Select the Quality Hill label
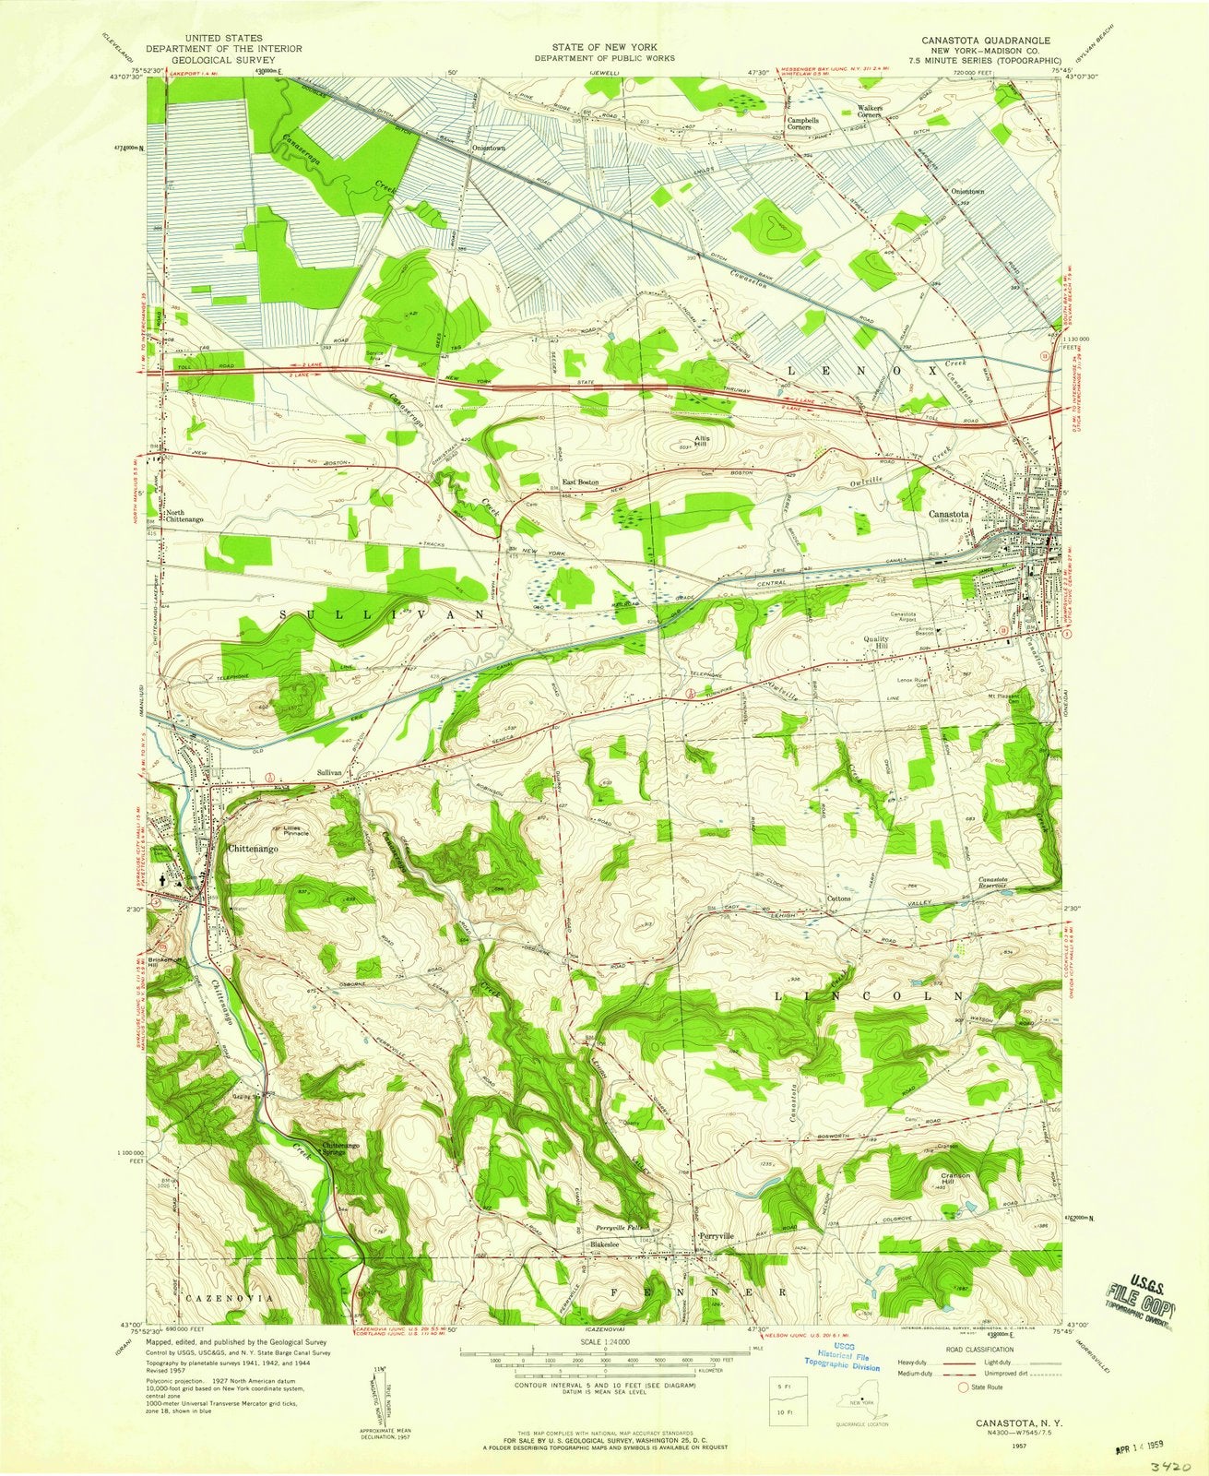875,642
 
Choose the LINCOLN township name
871,997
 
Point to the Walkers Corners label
871,112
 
